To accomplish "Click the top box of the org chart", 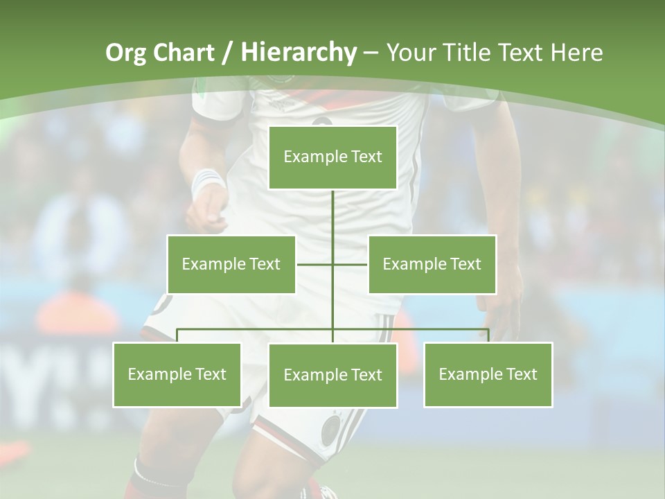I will [332, 157].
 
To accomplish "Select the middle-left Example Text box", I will [231, 264].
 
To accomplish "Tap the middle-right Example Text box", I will [432, 264].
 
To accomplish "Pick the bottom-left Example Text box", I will [177, 374].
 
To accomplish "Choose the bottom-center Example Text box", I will [332, 375].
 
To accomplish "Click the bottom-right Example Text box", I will [488, 374].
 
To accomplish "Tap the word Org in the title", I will [125, 52].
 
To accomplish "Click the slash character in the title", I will [227, 53].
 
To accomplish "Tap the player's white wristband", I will [207, 182].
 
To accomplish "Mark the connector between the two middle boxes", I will [332, 264].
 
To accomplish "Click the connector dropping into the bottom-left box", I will [177, 335].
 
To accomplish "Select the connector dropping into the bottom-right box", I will [488, 335].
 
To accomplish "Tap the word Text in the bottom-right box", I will [521, 374].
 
